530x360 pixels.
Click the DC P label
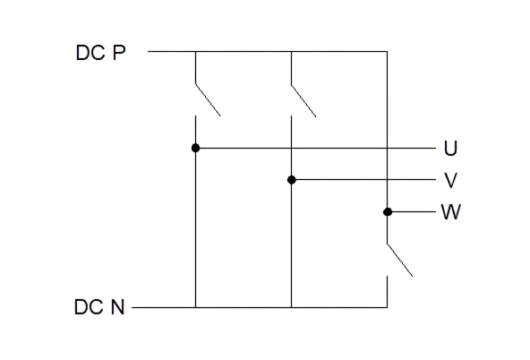point(101,53)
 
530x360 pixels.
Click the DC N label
point(99,307)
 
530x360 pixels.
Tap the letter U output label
point(450,149)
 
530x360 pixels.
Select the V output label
point(450,180)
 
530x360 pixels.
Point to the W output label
point(451,212)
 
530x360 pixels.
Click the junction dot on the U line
point(195,148)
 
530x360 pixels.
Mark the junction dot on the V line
point(291,180)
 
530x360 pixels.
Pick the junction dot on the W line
point(388,212)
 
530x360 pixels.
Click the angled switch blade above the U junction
point(208,99)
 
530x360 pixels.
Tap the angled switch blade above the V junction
point(303,100)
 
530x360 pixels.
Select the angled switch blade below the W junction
point(399,260)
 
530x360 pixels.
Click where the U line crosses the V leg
point(291,148)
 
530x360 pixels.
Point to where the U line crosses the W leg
point(387,148)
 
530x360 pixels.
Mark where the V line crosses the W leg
point(387,180)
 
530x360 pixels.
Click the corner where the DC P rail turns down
point(387,51)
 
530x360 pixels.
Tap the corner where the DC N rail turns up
point(387,307)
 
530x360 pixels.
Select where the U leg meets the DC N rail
point(195,307)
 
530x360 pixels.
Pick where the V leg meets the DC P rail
point(291,51)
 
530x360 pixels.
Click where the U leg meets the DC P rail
point(195,51)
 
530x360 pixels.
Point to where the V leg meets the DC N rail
point(291,307)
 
